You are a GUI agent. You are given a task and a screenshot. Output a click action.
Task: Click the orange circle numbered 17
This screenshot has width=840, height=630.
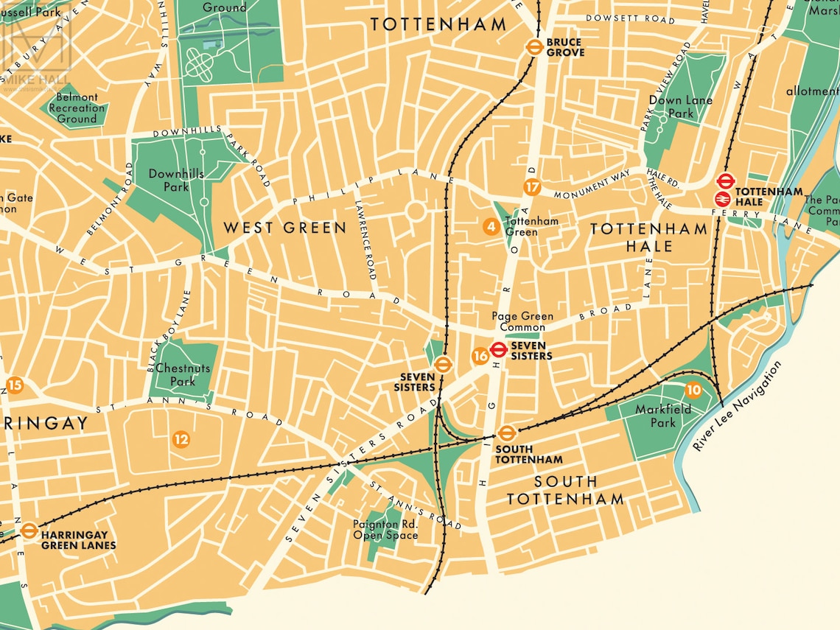pos(532,187)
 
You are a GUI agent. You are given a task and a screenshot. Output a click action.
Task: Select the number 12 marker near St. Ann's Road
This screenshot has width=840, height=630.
pos(181,440)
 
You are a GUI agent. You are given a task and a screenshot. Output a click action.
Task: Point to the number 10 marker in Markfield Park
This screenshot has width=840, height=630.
pos(693,390)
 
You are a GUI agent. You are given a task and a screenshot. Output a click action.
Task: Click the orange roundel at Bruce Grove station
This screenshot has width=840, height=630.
pos(534,47)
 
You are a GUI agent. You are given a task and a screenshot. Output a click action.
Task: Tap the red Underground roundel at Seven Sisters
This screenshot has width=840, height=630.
pos(499,350)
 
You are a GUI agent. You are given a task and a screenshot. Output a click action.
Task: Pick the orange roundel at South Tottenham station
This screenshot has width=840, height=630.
pos(505,433)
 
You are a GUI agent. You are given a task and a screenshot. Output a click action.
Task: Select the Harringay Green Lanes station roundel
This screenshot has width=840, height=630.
pos(29,530)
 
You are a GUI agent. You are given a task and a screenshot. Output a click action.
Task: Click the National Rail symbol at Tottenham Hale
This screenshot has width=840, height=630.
pos(722,197)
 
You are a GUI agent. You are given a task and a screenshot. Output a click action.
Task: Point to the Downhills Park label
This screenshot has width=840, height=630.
pos(167,181)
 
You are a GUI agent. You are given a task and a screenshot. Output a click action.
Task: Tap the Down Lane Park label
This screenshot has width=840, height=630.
pos(671,107)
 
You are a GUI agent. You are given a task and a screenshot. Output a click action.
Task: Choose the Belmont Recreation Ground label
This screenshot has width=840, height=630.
pos(77,108)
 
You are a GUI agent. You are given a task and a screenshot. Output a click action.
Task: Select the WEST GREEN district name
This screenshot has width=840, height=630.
pos(284,228)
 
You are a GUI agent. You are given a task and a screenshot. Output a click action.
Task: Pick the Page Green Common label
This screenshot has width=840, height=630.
pos(522,322)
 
